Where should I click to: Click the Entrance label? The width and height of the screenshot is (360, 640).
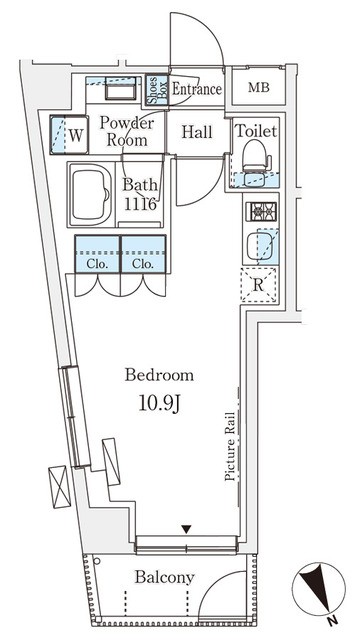click(197, 89)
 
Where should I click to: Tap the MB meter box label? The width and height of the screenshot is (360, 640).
click(259, 87)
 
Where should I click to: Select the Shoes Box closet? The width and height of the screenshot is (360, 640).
click(157, 90)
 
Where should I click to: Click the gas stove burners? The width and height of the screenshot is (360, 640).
click(261, 211)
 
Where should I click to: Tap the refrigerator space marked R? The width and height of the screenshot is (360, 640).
click(258, 285)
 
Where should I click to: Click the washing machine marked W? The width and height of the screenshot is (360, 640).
click(69, 135)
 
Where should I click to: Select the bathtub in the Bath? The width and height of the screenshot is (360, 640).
click(90, 194)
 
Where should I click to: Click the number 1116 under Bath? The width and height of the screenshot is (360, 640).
click(140, 203)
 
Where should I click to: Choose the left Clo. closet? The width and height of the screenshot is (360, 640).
click(98, 254)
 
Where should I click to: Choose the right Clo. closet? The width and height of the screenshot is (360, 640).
click(143, 254)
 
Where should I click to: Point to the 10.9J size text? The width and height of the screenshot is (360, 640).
click(160, 404)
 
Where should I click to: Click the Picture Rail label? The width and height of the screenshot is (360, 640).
click(230, 446)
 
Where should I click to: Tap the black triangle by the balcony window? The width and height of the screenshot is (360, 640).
click(187, 529)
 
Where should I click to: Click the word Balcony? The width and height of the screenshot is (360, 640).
click(164, 578)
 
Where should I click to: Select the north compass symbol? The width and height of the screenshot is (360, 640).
click(319, 589)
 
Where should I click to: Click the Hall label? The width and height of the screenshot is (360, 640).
click(197, 132)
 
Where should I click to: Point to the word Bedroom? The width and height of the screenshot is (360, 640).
click(159, 375)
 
